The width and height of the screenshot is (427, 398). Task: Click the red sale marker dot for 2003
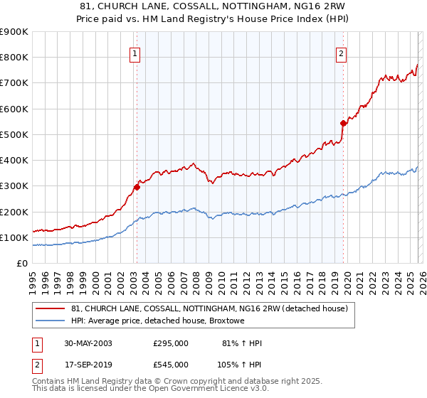click(x=137, y=188)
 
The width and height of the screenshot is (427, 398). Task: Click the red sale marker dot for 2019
click(x=343, y=123)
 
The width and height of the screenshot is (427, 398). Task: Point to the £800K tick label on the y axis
click(x=14, y=58)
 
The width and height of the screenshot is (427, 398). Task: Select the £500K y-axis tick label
click(x=14, y=134)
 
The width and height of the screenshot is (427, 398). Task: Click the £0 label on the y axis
click(x=21, y=263)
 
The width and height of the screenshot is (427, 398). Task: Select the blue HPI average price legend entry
click(x=157, y=321)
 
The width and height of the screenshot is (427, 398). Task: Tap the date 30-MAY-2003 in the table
click(x=88, y=343)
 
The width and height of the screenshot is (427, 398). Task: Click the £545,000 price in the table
click(x=171, y=363)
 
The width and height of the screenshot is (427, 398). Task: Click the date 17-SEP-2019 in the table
click(x=88, y=363)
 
